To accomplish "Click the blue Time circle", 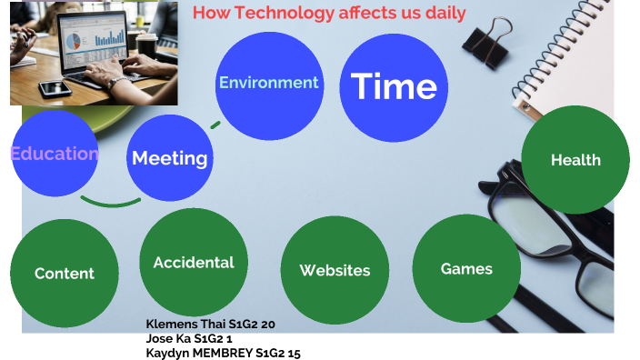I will [394, 86].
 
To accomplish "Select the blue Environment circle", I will [268, 84].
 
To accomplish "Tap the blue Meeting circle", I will [170, 158].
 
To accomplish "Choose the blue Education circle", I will [54, 154].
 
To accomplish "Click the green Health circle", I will [575, 160].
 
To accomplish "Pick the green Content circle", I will [64, 273].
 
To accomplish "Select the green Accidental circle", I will [193, 263].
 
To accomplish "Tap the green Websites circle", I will [335, 270].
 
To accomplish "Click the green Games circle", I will [466, 268].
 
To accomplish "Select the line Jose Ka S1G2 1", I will [189, 338].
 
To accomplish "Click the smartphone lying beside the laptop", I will [55, 88].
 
